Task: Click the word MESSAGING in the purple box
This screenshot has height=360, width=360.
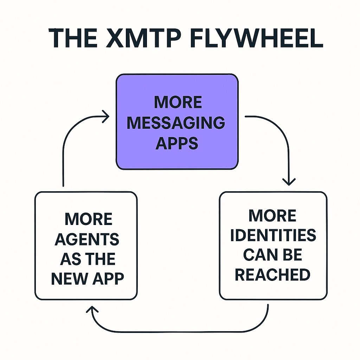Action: (176, 123)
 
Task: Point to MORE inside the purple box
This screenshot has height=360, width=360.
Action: (178, 102)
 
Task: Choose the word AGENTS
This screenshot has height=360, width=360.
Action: (87, 239)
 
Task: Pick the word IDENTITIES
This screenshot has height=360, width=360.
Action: (273, 236)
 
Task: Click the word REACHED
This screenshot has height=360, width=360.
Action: (272, 275)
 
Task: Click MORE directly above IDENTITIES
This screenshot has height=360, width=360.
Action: (272, 216)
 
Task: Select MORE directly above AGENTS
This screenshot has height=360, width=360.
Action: (89, 220)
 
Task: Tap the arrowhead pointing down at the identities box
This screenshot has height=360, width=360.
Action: (289, 181)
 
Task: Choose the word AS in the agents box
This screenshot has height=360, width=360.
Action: (71, 259)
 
